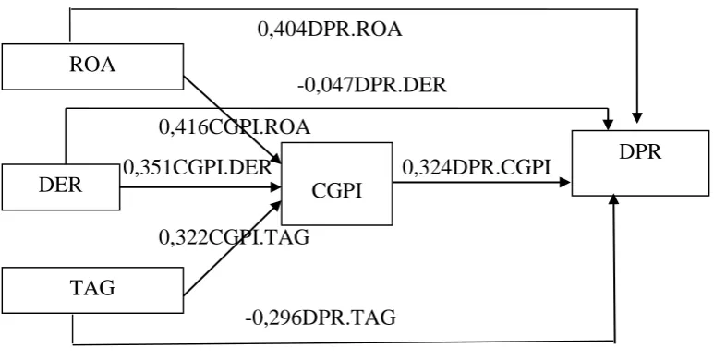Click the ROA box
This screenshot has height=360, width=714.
[x=92, y=66]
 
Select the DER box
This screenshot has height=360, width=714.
[x=61, y=187]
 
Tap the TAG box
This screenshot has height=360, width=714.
[x=92, y=290]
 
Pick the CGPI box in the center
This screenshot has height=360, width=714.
[x=336, y=184]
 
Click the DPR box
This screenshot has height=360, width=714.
[x=640, y=163]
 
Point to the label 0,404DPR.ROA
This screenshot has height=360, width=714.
[x=330, y=30]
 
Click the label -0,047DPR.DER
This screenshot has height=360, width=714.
[x=372, y=85]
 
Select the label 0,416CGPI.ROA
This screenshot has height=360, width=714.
[x=235, y=127]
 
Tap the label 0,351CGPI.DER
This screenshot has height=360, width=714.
[x=198, y=167]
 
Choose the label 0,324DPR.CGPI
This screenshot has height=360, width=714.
[x=477, y=167]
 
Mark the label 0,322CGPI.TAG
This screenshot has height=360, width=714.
[x=234, y=236]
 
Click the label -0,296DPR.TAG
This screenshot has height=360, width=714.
[x=321, y=318]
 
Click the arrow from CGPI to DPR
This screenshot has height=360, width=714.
[x=482, y=183]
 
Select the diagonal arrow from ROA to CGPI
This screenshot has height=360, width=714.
[x=232, y=120]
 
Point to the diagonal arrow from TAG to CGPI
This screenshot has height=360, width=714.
[x=232, y=248]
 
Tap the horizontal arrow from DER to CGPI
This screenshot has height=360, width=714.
[x=200, y=187]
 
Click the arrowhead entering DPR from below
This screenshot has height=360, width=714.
[x=614, y=199]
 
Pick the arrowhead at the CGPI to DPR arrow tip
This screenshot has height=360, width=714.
[x=565, y=183]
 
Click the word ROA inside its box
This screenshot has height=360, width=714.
[x=92, y=65]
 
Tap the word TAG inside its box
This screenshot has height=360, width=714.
[x=92, y=288]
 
